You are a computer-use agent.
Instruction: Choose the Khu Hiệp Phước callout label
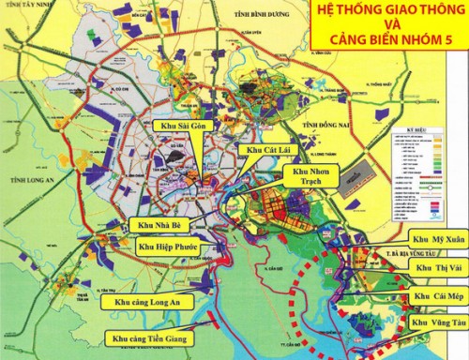click(x=172, y=247)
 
